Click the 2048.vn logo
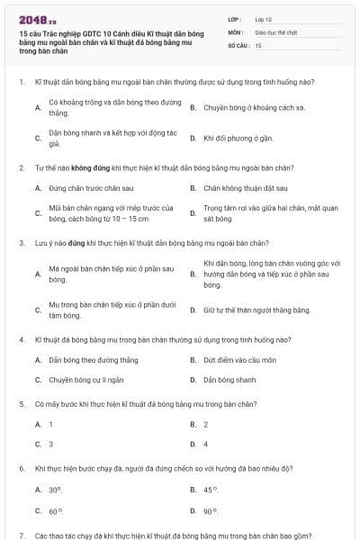37,17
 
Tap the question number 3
21,243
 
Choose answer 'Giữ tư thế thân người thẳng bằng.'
256,310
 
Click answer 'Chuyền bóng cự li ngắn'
86,380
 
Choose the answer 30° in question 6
55,490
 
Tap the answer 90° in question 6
211,510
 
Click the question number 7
21,535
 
